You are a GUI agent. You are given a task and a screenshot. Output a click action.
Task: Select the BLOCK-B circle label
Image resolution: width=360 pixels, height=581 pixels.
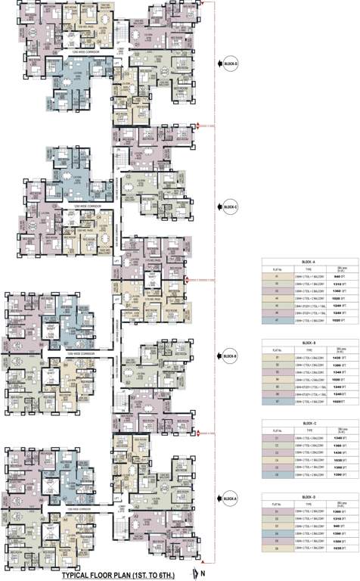tap(230, 356)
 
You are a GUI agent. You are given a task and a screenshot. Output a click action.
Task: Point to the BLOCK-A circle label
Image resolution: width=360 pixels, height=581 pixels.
tap(230, 497)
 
